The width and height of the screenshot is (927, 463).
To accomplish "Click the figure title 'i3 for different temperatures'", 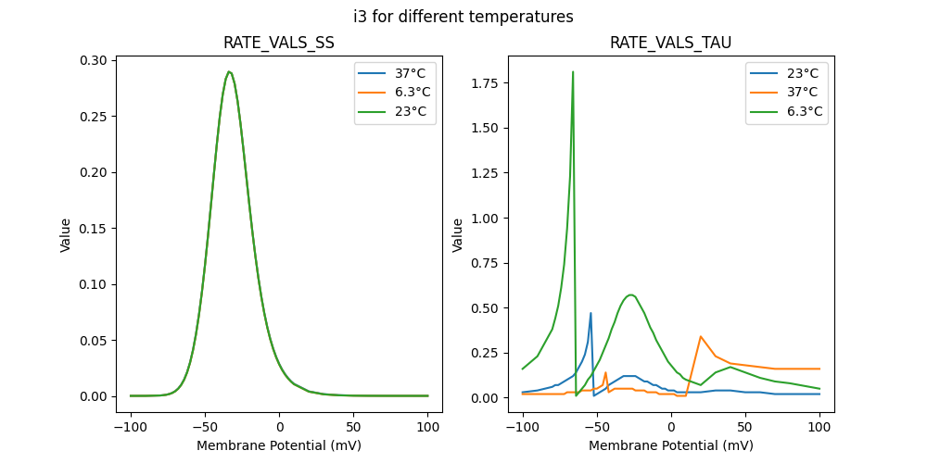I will click(463, 17).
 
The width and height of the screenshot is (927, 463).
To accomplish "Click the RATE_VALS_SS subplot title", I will click(279, 43).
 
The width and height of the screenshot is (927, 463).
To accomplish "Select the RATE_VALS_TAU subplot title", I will click(670, 43).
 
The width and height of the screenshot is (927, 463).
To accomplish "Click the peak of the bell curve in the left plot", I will click(229, 71).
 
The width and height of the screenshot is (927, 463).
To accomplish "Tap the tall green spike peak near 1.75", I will click(573, 71).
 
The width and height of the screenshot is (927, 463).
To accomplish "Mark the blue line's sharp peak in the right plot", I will click(590, 313).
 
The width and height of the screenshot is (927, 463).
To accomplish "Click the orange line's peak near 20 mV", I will click(701, 336).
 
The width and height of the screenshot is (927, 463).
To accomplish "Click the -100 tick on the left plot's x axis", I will click(131, 428).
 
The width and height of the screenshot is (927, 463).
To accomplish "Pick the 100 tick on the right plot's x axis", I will click(819, 428).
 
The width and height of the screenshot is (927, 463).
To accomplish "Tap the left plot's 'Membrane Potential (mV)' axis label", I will click(279, 445).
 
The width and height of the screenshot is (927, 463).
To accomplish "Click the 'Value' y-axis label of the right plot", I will click(457, 235).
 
